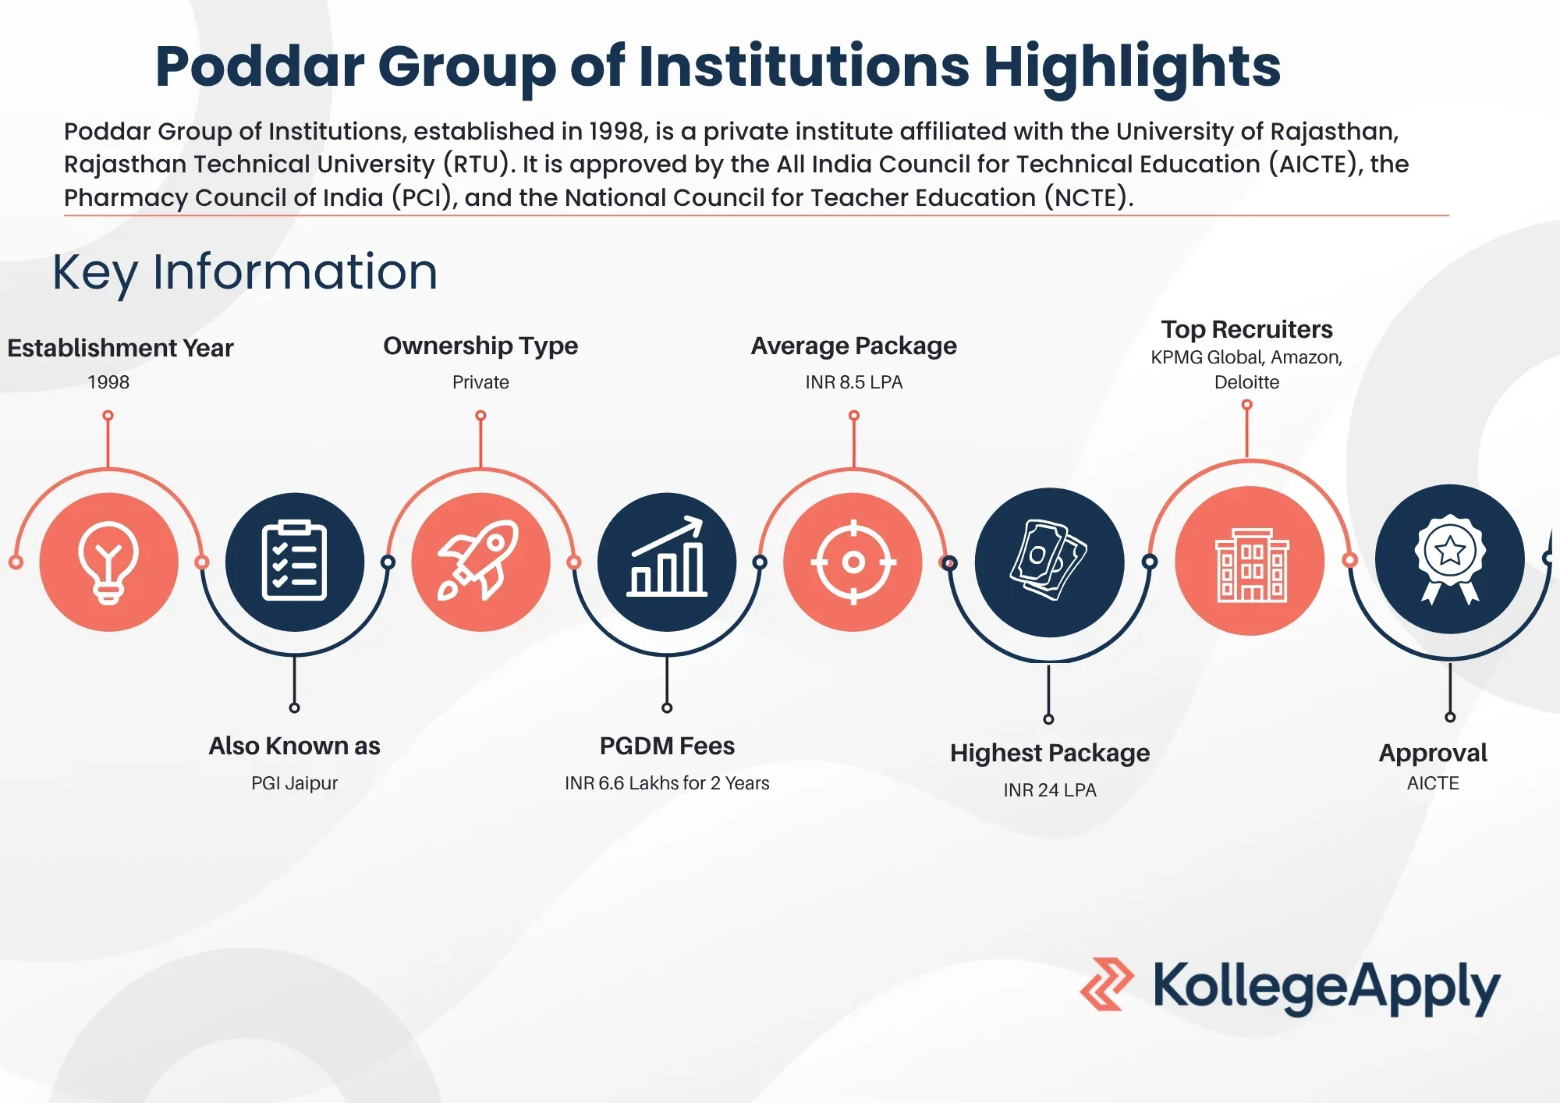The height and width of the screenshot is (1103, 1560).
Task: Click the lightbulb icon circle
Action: coord(108,562)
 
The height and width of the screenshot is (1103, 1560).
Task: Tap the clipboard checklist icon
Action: coord(294,560)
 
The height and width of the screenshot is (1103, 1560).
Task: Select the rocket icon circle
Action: coord(480,562)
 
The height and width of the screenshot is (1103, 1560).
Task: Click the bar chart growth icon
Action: coord(667,557)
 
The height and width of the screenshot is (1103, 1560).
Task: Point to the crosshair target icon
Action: coord(853,562)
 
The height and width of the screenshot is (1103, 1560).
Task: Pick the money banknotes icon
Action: coord(1049,560)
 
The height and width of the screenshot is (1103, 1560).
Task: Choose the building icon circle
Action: coord(1250,561)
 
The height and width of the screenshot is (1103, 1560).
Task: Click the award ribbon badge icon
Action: coord(1450,559)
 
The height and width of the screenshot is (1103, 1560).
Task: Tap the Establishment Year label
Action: coord(120,348)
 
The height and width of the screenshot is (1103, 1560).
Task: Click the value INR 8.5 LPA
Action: coord(854,382)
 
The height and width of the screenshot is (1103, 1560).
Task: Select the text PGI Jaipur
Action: coord(295,783)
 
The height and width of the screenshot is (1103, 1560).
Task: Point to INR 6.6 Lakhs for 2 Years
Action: coord(667,783)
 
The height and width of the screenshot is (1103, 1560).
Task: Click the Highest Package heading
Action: coord(1050,753)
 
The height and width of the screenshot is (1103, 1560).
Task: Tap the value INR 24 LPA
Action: coord(1050,790)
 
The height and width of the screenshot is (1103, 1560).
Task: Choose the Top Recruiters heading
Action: coord(1246,329)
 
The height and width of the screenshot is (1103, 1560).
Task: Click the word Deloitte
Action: coord(1246,382)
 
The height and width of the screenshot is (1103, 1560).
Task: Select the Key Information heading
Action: coord(245,273)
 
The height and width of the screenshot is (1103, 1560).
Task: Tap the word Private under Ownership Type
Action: coord(480,382)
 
